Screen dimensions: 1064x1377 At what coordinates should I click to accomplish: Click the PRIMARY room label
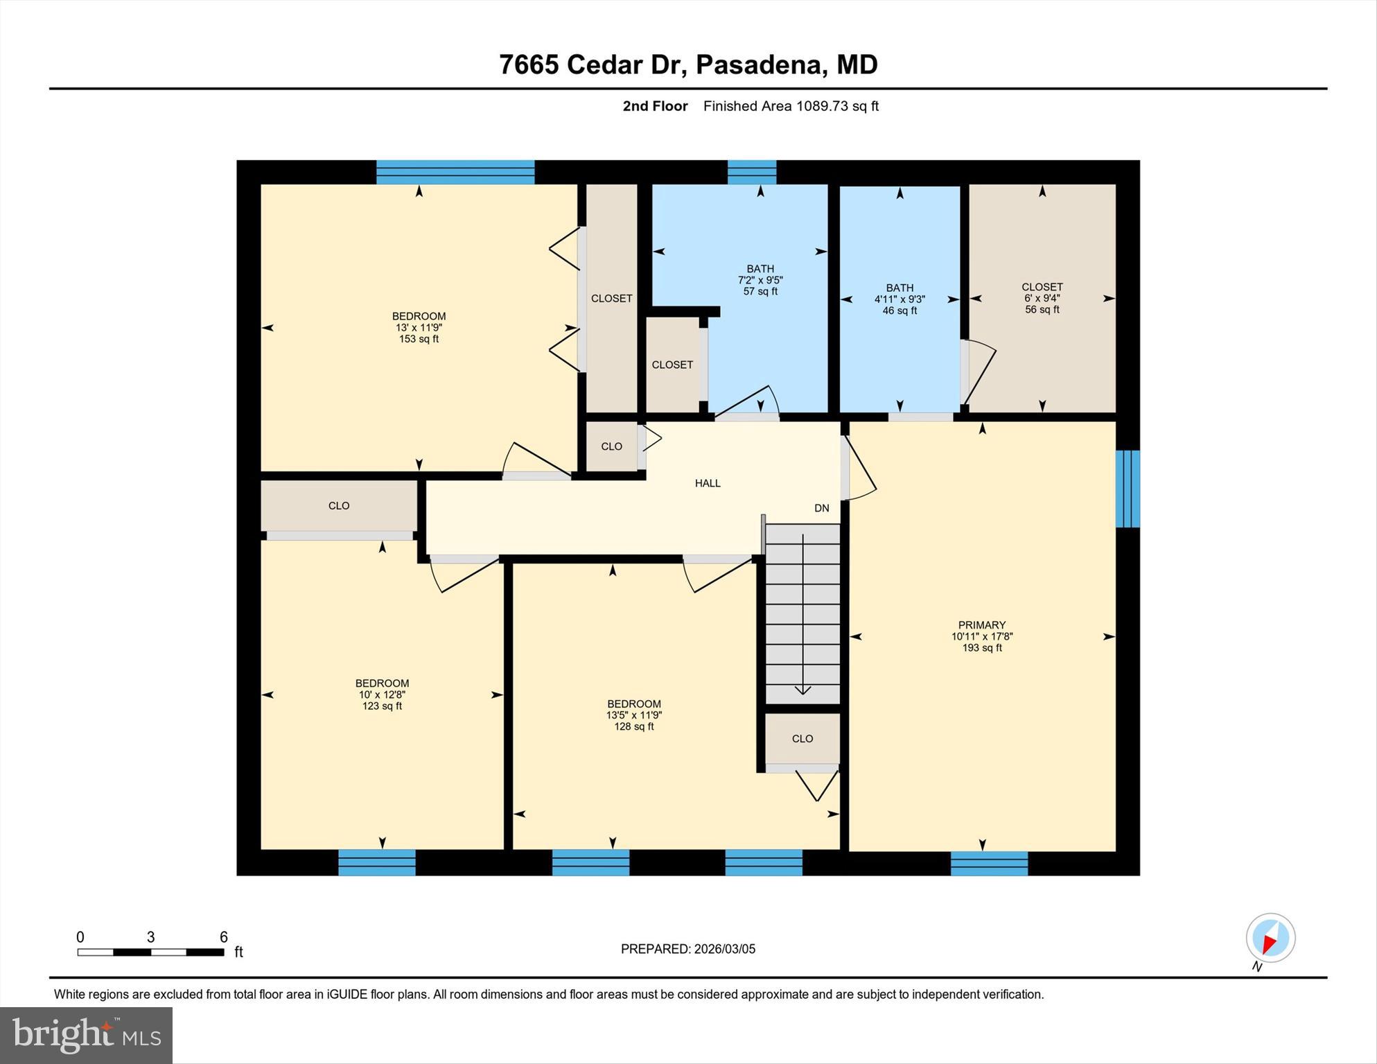click(981, 625)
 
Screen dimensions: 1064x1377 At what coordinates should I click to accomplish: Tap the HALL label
click(708, 483)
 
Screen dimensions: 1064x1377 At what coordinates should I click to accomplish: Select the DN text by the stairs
click(821, 508)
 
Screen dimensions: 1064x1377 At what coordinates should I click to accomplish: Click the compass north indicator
click(1270, 939)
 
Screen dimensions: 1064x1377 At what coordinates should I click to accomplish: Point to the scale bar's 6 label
click(223, 937)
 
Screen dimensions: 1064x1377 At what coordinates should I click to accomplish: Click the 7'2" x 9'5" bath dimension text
click(760, 280)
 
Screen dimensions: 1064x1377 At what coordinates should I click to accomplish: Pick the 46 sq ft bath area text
click(900, 311)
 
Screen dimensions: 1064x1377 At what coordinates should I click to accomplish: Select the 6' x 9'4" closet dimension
click(1042, 298)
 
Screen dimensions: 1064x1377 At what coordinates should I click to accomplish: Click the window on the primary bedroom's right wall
click(1127, 489)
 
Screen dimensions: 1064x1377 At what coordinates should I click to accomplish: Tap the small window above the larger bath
click(751, 172)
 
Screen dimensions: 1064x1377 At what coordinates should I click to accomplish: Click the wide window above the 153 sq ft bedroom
click(455, 172)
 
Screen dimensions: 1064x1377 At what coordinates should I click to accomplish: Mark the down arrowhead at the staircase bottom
click(802, 690)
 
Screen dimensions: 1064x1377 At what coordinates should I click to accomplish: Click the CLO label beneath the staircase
click(802, 738)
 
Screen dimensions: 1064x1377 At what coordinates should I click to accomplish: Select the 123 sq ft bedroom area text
click(382, 706)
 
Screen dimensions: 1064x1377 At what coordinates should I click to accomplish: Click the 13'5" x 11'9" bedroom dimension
click(633, 715)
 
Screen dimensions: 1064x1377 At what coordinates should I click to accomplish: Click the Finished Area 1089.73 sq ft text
click(791, 106)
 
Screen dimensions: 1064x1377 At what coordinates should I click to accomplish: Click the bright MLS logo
click(86, 1035)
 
